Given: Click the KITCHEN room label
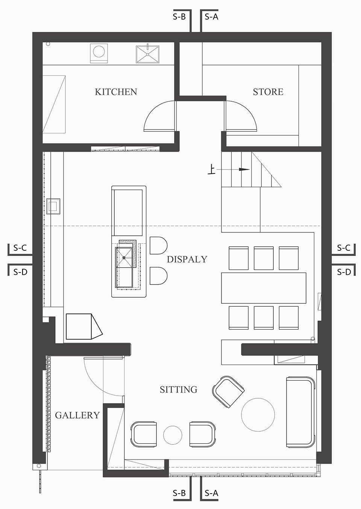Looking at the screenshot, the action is coord(116,92).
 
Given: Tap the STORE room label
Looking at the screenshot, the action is coord(268,92).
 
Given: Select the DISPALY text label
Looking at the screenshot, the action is coord(187,259).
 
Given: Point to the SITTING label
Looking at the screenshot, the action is coord(179,390).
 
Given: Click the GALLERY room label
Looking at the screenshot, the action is coord(77,416).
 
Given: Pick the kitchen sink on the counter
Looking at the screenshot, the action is coord(147,54).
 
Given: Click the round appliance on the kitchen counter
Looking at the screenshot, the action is coord(99,53).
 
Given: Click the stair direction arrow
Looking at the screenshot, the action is coord(233,169).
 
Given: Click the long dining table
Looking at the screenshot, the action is coord(264,288).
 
